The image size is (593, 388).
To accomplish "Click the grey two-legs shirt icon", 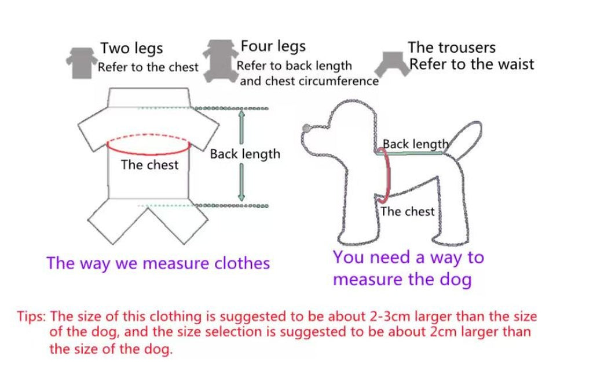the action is click(x=81, y=63).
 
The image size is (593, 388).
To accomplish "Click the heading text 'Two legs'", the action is click(x=131, y=49).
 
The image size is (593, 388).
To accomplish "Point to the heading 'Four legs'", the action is click(x=273, y=46).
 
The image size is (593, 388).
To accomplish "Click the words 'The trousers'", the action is click(x=452, y=48).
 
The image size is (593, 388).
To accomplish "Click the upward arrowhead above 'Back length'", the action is click(x=241, y=114).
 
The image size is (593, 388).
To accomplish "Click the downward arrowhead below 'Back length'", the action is click(x=241, y=196).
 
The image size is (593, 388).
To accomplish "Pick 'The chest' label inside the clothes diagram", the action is click(x=149, y=165).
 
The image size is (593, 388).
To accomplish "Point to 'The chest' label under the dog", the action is click(x=407, y=212).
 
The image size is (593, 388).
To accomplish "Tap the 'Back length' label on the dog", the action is click(x=415, y=144).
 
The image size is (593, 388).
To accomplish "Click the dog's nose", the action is click(x=306, y=128).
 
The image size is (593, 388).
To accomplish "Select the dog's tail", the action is click(x=464, y=138).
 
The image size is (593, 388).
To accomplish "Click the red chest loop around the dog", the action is click(x=388, y=175).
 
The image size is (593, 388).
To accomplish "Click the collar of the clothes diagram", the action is click(x=148, y=98).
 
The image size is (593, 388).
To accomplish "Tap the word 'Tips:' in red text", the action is click(x=31, y=317).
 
